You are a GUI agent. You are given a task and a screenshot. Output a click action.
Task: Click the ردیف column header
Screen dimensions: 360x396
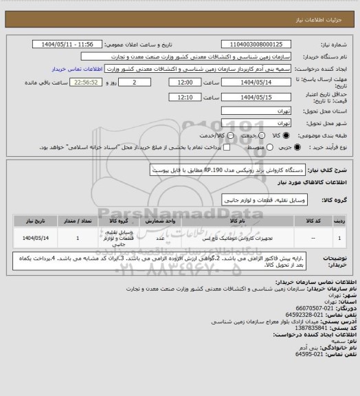point(341,221)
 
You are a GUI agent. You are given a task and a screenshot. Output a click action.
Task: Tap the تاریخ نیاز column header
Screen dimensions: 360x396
point(30,221)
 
